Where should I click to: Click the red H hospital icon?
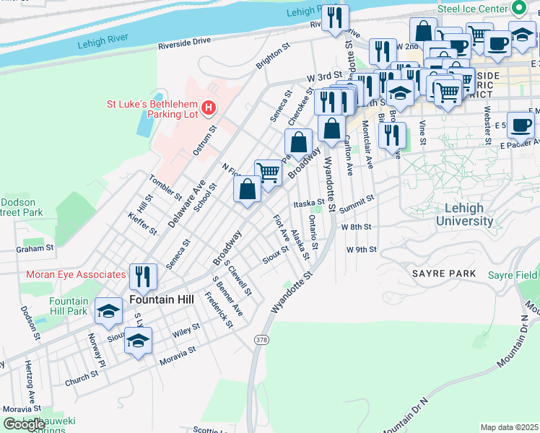pos(209,108)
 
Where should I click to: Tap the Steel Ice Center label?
pos(473,9)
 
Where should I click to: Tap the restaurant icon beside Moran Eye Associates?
pos(143,276)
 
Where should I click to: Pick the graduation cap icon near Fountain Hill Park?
pos(109,310)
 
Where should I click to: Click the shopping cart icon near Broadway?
pos(268,172)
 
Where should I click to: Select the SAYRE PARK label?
pos(444,274)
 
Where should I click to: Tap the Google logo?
pos(24,424)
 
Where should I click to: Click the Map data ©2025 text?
pos(509,427)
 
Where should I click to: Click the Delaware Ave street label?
pos(177,204)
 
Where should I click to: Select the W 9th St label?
pos(362,249)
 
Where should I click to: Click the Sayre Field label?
pos(511,275)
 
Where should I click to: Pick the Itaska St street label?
pos(308,204)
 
